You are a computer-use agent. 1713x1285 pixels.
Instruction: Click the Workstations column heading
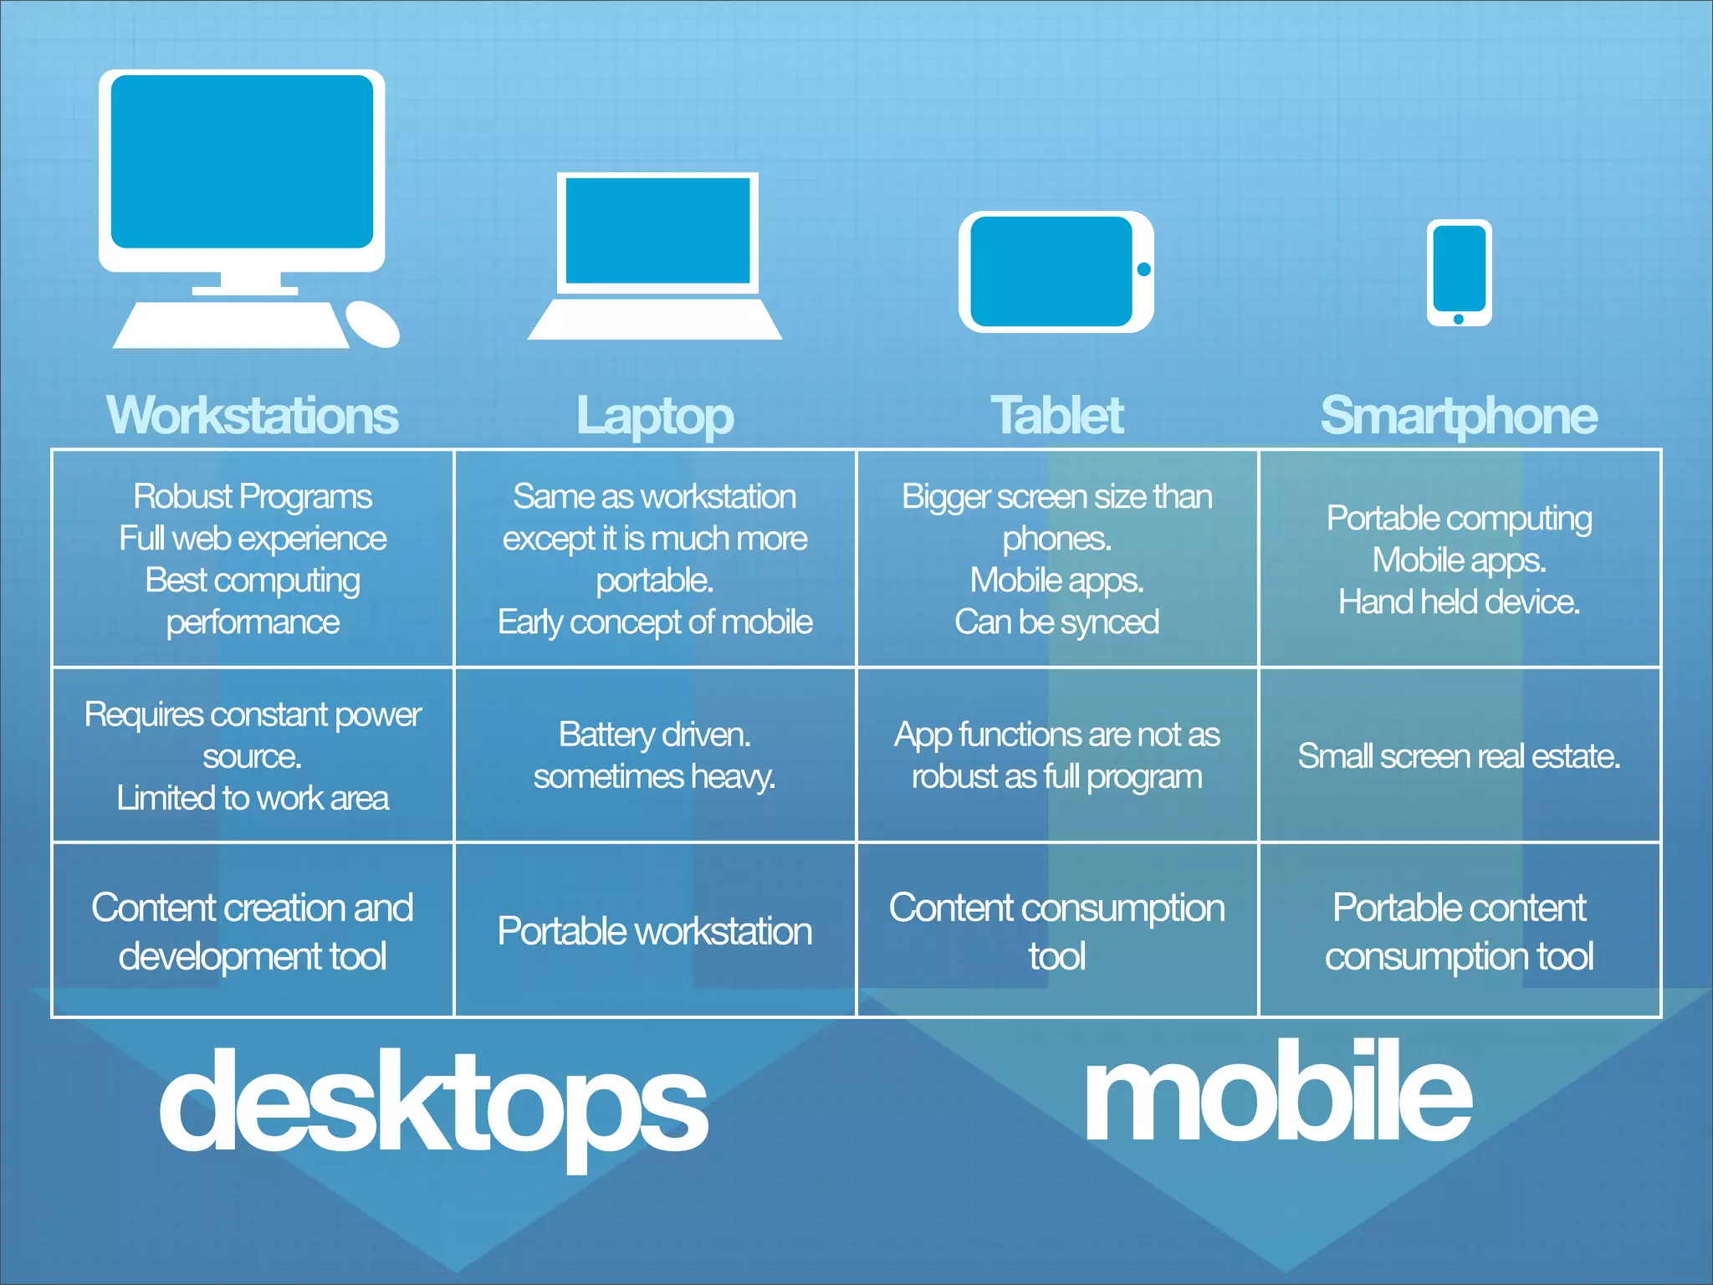(x=253, y=416)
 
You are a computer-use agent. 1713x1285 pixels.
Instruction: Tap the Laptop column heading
(x=655, y=416)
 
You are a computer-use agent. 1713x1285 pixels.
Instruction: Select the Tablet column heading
(x=1057, y=416)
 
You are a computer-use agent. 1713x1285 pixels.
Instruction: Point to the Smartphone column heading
(x=1459, y=416)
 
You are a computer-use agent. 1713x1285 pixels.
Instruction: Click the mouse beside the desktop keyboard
(x=372, y=325)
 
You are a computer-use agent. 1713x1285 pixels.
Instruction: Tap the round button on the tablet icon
(x=1143, y=269)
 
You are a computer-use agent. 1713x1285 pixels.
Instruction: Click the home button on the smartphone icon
(x=1459, y=319)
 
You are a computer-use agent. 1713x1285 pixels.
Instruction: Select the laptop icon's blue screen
(x=658, y=231)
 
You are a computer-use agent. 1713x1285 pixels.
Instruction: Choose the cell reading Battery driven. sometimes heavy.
(x=655, y=755)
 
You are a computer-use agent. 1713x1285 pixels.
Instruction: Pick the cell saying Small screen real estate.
(x=1459, y=756)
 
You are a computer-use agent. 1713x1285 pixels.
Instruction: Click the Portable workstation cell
(x=655, y=931)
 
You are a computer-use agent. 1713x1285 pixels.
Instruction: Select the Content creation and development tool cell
(x=253, y=931)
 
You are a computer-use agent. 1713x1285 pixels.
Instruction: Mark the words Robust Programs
(x=253, y=497)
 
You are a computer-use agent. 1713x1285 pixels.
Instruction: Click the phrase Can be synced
(x=1057, y=622)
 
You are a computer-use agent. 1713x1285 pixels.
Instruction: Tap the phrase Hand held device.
(x=1459, y=602)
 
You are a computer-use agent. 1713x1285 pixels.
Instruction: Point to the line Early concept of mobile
(x=655, y=622)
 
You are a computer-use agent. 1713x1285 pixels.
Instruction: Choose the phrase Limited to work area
(x=253, y=798)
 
